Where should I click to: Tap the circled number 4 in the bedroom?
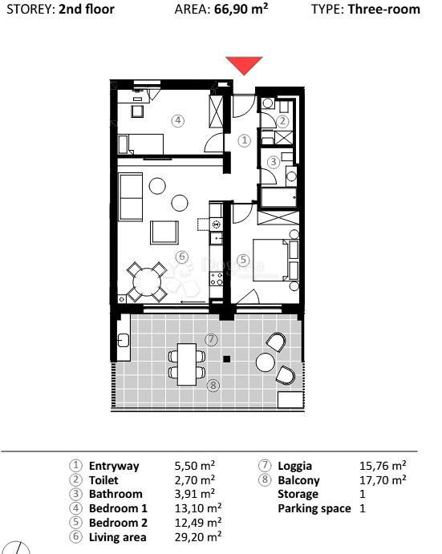pyautogui.click(x=178, y=121)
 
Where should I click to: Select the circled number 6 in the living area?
pyautogui.click(x=181, y=257)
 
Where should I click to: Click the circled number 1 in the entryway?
pyautogui.click(x=245, y=140)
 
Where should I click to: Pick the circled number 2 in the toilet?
pyautogui.click(x=282, y=121)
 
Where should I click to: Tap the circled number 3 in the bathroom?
pyautogui.click(x=274, y=161)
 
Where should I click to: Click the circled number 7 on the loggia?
pyautogui.click(x=211, y=339)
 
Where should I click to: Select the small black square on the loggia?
pyautogui.click(x=227, y=358)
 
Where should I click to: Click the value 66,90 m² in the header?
pyautogui.click(x=241, y=10)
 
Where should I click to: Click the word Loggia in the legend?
pyautogui.click(x=294, y=465)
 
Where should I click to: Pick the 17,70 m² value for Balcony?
pyautogui.click(x=383, y=479)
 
